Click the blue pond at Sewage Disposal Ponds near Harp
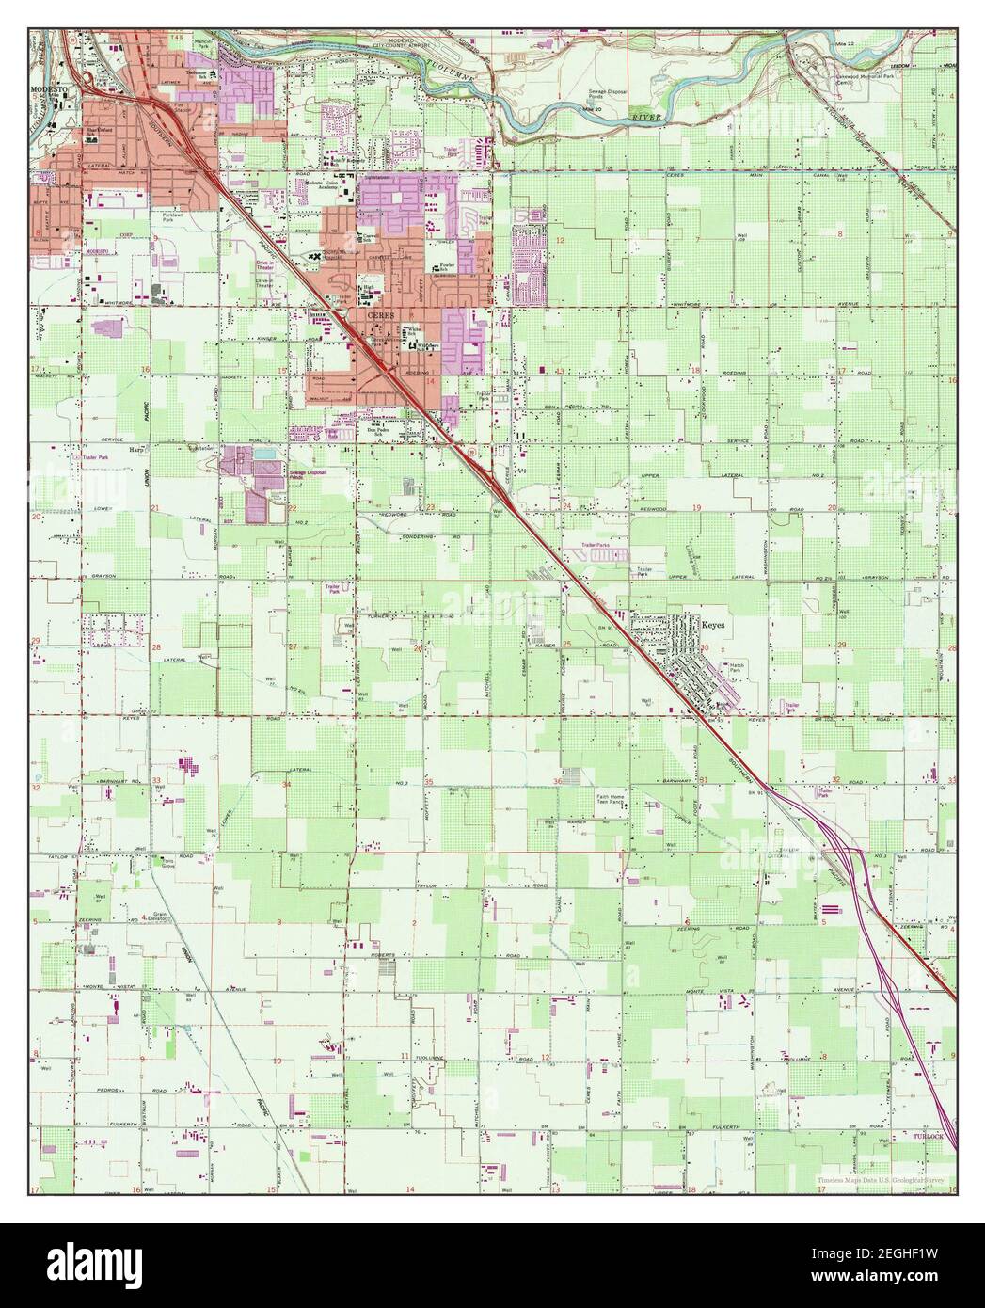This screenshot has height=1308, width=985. pyautogui.click(x=264, y=456)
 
